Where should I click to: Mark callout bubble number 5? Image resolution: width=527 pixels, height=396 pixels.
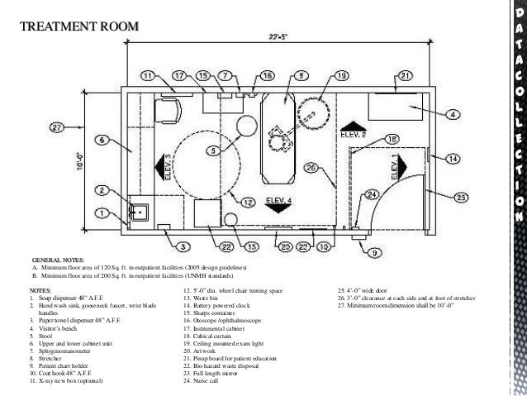point(213,150)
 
